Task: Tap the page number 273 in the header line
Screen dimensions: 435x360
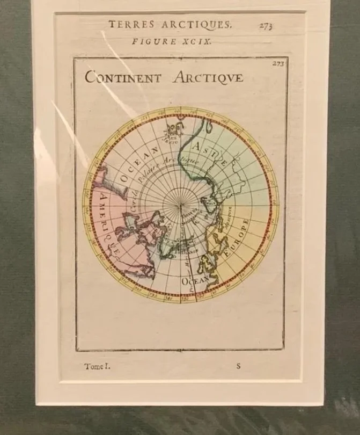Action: pos(265,25)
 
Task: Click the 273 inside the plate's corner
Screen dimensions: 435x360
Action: pos(278,63)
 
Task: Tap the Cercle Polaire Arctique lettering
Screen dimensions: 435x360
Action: pos(161,177)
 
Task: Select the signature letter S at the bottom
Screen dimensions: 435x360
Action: pos(238,367)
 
